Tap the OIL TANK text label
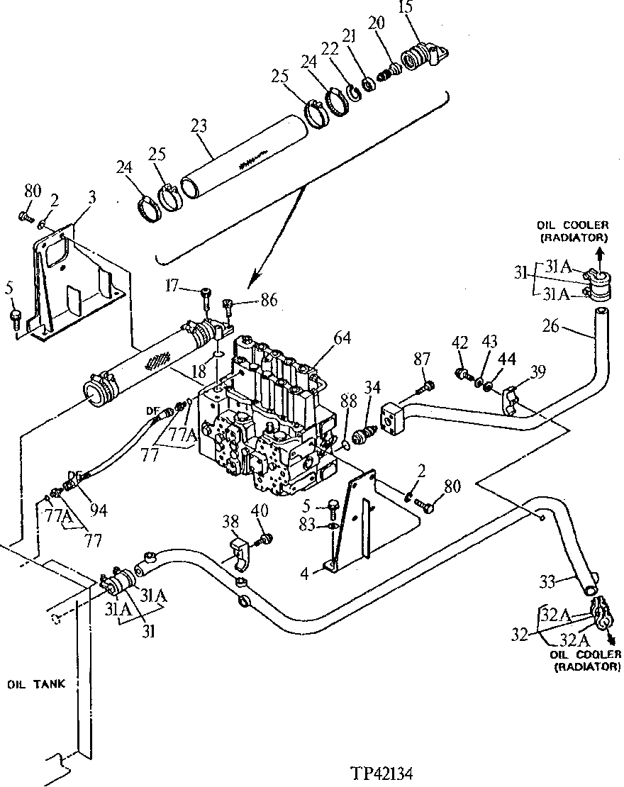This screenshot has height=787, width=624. (36, 684)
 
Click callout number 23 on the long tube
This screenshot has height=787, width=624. (199, 128)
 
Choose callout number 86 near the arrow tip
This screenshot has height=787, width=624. (268, 301)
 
